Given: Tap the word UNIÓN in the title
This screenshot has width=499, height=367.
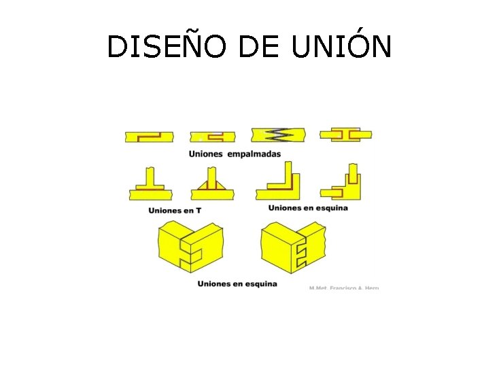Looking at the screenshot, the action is point(341,46).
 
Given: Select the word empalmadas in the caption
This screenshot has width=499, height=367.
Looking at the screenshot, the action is point(254,154).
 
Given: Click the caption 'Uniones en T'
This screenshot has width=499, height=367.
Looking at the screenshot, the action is point(175,211).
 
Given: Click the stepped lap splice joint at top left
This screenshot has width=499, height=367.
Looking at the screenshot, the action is point(149,136).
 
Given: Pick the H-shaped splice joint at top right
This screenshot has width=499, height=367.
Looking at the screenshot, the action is point(346,135).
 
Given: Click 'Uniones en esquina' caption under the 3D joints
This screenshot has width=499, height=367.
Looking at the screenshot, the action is point(237,283).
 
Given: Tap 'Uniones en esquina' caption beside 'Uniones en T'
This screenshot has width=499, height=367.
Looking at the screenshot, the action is point(308,207).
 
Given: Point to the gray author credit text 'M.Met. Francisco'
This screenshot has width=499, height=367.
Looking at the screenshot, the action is point(343,288).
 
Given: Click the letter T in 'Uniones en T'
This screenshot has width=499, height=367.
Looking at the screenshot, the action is point(198,211).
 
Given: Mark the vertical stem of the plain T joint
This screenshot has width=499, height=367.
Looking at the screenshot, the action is point(150,175).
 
